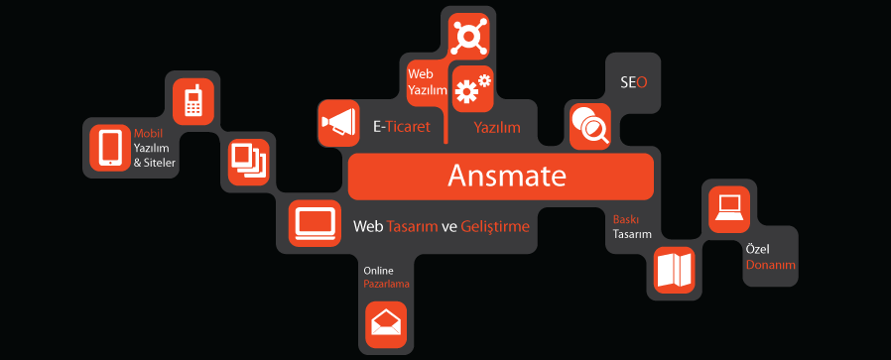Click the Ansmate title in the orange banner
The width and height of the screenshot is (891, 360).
coord(506,176)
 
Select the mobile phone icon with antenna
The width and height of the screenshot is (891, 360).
coord(193,101)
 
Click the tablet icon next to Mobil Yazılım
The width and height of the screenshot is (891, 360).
coord(110,148)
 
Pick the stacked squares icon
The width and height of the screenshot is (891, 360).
coord(248,162)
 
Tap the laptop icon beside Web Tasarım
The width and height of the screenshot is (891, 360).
coord(315,223)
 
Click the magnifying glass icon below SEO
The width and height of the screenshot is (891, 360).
coord(589,126)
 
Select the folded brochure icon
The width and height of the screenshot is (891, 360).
coord(674,270)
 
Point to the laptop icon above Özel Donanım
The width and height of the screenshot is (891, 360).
coord(729,209)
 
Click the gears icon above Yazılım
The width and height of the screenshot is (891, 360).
coord(472,88)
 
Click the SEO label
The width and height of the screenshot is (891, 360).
coord(634,83)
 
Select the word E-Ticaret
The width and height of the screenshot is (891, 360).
coord(402,127)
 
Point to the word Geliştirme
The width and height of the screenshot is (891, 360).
coord(495,227)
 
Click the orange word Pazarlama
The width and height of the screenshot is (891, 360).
coord(386,284)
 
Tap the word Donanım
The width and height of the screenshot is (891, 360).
coord(771,265)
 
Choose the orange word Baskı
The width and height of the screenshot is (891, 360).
coord(624,219)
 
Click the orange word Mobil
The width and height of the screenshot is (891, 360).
coord(148,134)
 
